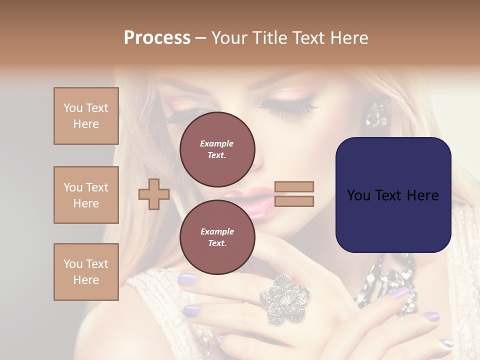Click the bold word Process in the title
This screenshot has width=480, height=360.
157,37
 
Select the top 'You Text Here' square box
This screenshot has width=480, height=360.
86,116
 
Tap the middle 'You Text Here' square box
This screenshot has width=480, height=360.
86,195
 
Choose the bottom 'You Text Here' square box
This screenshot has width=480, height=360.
86,272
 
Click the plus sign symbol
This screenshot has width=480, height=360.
153,194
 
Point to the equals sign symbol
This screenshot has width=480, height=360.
294,194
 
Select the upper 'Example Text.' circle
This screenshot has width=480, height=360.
217,149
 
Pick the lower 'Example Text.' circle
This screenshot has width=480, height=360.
217,237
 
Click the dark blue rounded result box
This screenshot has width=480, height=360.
393,195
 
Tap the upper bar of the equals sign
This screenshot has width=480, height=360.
294,186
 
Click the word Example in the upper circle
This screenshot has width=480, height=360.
217,143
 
